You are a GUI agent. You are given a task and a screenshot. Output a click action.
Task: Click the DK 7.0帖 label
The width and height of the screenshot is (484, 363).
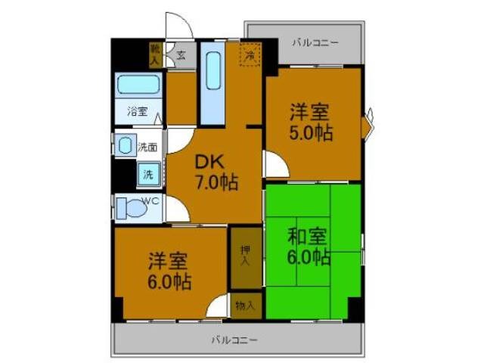[215, 173]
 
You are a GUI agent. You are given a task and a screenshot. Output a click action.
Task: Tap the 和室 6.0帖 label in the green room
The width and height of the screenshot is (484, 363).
[309, 246]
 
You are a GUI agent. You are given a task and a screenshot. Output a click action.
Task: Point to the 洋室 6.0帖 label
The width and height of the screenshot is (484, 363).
[169, 271]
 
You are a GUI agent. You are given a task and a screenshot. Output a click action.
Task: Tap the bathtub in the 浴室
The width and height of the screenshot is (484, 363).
[138, 85]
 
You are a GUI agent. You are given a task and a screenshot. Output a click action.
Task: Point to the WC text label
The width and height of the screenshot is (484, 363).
[150, 200]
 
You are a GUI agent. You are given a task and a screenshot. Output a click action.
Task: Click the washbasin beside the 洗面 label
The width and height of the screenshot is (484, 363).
[126, 144]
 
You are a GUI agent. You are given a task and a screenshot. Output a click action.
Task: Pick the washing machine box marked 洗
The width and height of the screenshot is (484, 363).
[147, 175]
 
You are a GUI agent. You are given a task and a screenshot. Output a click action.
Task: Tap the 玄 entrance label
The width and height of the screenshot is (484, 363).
[181, 54]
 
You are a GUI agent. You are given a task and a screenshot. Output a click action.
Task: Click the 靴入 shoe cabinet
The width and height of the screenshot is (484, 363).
[156, 53]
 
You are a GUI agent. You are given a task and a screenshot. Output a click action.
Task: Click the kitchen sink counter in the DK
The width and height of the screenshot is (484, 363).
[213, 82]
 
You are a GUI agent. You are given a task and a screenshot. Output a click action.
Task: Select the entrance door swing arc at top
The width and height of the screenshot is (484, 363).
[177, 27]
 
